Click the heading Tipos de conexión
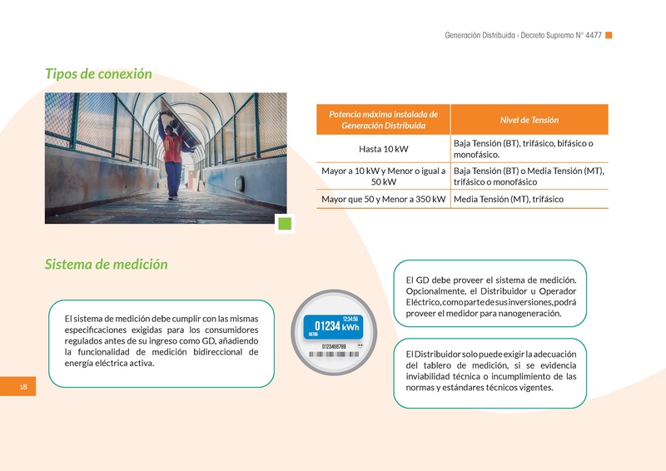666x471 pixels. (98, 74)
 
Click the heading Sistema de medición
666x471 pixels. (106, 265)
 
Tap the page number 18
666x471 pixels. (23, 387)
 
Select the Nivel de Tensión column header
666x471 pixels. (529, 120)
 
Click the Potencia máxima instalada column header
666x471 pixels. (383, 119)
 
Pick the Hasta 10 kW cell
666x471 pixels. (383, 149)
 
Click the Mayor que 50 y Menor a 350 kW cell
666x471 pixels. (383, 200)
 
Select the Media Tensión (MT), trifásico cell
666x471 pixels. (509, 200)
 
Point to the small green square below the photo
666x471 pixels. (285, 223)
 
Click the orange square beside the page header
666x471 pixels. (609, 35)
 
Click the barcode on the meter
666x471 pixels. (333, 354)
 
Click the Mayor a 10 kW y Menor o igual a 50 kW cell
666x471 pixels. (383, 176)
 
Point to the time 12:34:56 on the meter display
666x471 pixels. (350, 319)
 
